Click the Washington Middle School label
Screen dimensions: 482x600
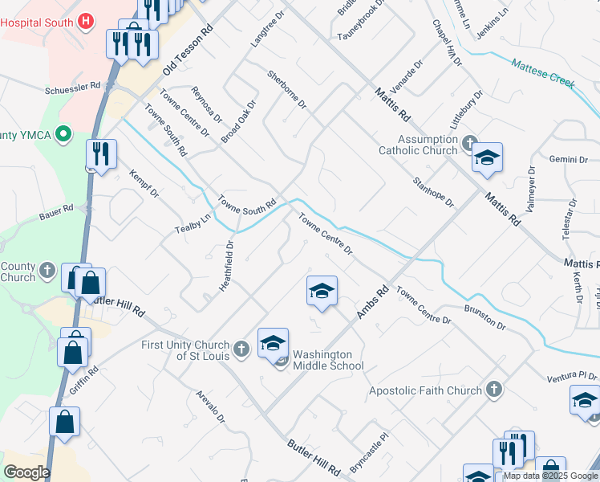(x=328, y=360)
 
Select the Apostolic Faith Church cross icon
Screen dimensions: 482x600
(x=494, y=390)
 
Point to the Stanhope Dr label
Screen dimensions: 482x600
(x=433, y=192)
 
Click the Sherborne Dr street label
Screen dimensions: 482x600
(x=287, y=89)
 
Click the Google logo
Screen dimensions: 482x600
(x=26, y=472)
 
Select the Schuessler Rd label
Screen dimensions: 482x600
(x=73, y=85)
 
